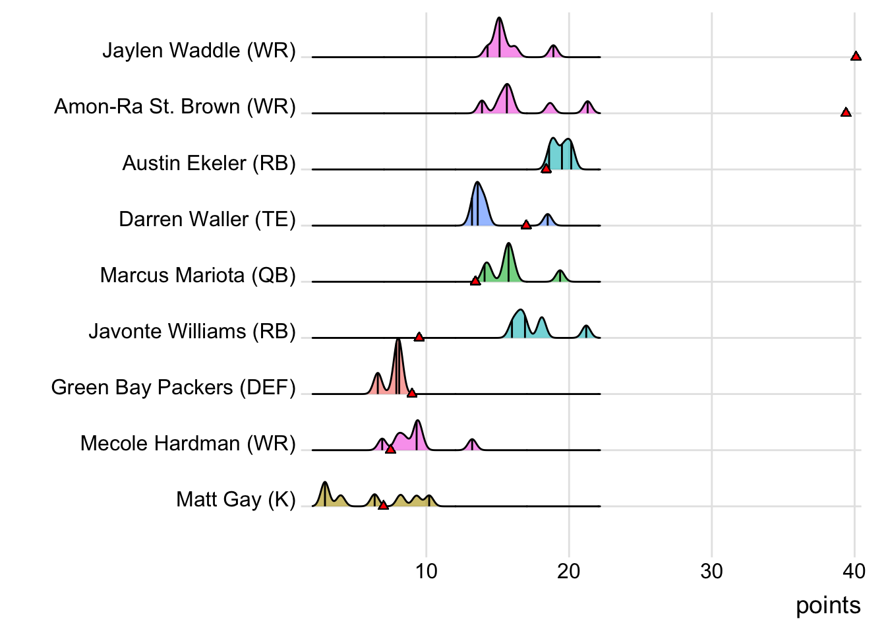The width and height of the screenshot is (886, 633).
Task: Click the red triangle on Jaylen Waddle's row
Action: coord(856,56)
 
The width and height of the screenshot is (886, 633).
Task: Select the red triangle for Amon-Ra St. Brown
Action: coord(846,112)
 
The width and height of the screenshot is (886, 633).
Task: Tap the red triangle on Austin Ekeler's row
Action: coord(546,169)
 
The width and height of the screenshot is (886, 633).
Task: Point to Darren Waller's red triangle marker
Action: coord(526,225)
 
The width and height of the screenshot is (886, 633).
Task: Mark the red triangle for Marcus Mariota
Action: coord(475,281)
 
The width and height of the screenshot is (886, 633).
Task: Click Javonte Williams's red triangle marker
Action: coord(419,337)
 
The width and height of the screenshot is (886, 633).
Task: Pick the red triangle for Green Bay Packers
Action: coord(412,393)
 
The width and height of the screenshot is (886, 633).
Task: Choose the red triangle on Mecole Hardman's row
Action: coord(390,449)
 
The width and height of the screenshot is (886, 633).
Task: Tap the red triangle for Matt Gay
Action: coord(383,505)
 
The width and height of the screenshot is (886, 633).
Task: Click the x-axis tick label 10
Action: coord(427,571)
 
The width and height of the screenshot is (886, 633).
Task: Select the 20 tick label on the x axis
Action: coord(569,571)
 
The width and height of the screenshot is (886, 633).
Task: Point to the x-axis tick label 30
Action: coord(712,571)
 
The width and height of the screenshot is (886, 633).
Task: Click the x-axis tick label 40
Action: coord(854,571)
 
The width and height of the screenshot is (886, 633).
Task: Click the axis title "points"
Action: coord(828,605)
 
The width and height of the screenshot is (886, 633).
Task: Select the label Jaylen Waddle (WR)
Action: coord(199,50)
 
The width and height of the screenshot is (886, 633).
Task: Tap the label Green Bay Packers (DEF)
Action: coord(173,387)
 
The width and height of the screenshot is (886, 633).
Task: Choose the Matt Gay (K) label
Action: coord(236,499)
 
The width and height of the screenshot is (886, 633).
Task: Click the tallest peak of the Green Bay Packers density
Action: coord(398,340)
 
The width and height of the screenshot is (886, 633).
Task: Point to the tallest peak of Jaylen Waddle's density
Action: coord(499,19)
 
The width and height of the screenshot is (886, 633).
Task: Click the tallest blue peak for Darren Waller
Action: coord(477,183)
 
